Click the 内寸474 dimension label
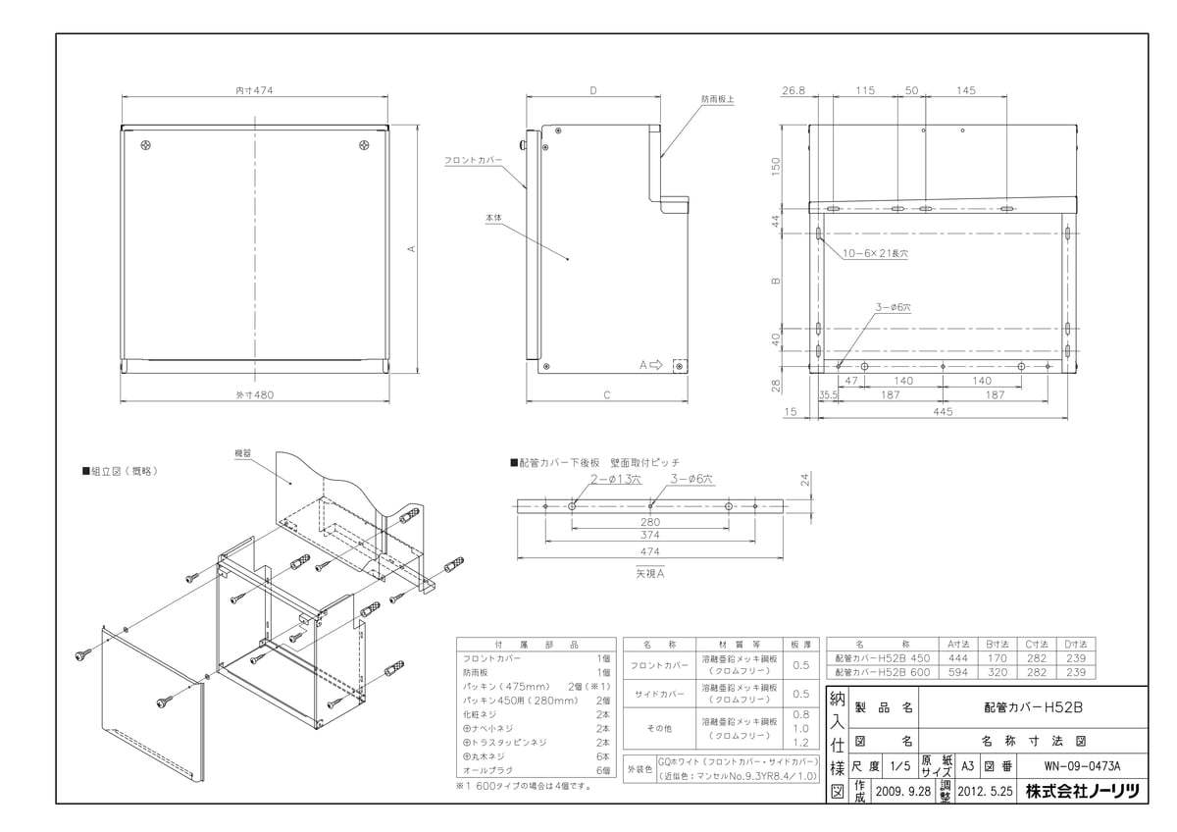coord(254,90)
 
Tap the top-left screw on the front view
coord(146,146)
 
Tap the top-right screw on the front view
coord(363,146)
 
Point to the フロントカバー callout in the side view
coord(473,159)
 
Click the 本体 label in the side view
coord(492,218)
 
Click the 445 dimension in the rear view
coord(943,412)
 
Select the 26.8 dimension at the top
coord(793,90)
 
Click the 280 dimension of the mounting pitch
coord(650,522)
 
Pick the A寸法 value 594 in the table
coord(958,673)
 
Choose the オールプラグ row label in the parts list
coord(484,771)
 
